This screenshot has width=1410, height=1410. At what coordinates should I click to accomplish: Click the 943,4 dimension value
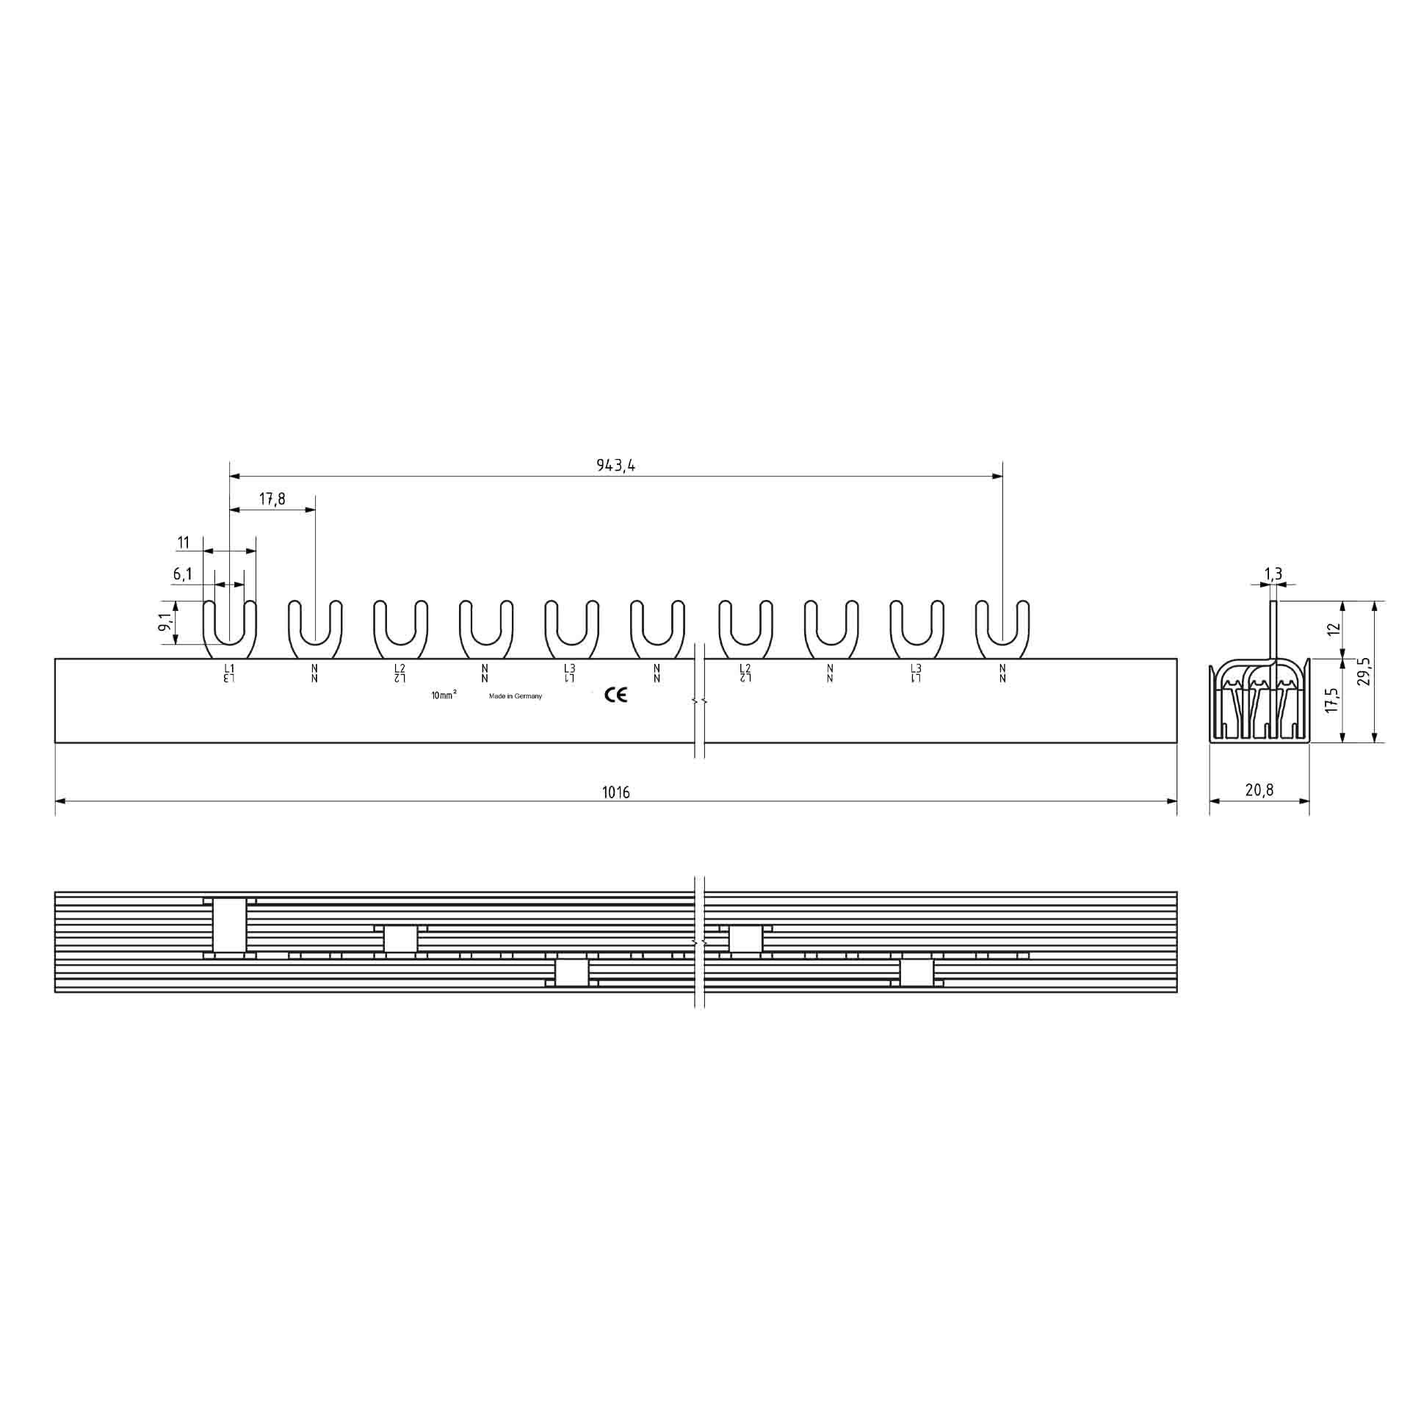(615, 466)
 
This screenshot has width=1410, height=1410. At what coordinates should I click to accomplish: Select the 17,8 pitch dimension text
(272, 499)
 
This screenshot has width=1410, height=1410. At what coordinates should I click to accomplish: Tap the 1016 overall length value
(616, 792)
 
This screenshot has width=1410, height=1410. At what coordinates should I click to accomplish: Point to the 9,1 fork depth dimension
(167, 623)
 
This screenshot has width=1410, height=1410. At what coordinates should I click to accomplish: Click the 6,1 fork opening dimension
(184, 574)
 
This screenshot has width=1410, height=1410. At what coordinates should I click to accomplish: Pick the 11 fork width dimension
(184, 543)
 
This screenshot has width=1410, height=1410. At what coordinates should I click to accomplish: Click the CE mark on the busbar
(615, 695)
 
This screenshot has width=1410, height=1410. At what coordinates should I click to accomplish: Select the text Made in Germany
(516, 696)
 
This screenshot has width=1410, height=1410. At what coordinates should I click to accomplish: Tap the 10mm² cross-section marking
(444, 695)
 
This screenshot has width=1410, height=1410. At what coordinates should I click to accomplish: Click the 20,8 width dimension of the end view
(1259, 790)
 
